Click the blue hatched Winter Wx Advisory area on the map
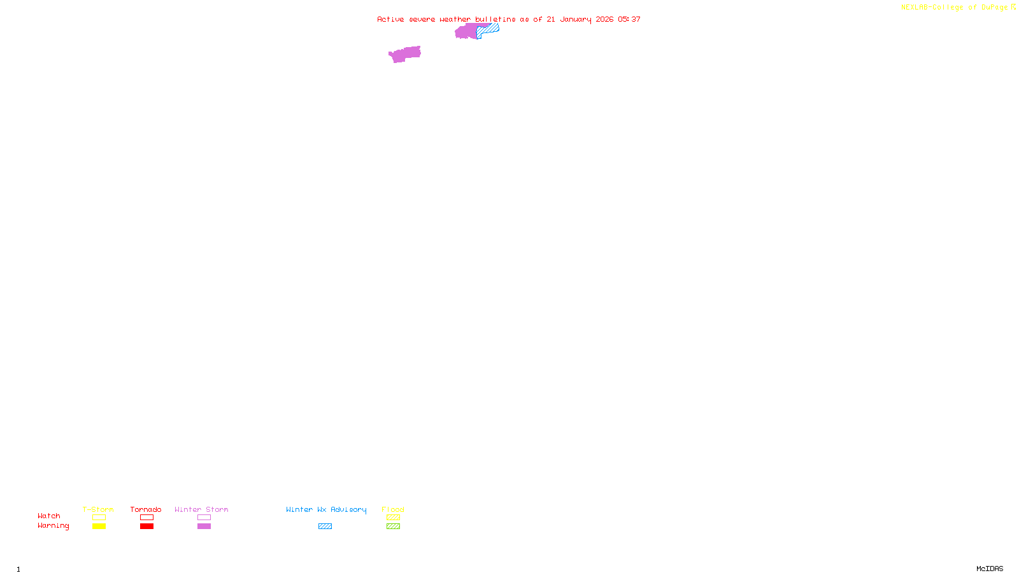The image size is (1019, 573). (x=490, y=29)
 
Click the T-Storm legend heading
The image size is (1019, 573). (x=98, y=509)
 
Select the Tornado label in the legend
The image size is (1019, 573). (x=146, y=509)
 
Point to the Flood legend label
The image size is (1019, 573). (x=393, y=509)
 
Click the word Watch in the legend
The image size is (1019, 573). (x=49, y=516)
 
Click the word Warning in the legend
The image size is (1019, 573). (x=53, y=526)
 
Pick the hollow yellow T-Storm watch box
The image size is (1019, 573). (x=99, y=518)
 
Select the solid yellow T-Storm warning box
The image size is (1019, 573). (x=99, y=527)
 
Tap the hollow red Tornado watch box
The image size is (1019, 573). (x=146, y=518)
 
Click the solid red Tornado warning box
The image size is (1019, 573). (x=146, y=527)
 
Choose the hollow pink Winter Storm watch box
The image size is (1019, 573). (x=204, y=518)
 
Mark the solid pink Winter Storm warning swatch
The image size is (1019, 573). (x=204, y=527)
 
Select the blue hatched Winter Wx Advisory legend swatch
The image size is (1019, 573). (x=325, y=527)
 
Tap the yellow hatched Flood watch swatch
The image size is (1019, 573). (x=393, y=518)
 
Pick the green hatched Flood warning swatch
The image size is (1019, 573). (x=393, y=527)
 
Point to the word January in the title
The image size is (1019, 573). (x=576, y=20)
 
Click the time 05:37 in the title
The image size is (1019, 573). (x=629, y=20)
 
